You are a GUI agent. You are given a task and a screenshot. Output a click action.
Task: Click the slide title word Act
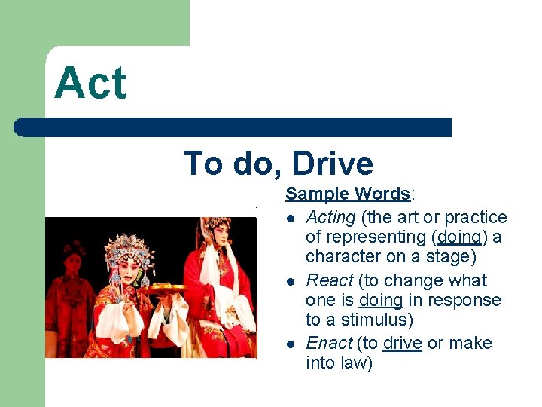[91, 83]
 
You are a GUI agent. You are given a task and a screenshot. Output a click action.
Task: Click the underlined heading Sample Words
[347, 194]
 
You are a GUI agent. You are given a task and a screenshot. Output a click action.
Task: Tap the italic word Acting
[330, 217]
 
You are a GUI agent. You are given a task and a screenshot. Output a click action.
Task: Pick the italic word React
[329, 280]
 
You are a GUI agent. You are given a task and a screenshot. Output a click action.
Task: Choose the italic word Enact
[329, 343]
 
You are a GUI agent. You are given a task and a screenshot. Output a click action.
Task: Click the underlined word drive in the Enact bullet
[402, 343]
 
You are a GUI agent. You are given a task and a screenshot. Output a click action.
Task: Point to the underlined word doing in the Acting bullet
[458, 237]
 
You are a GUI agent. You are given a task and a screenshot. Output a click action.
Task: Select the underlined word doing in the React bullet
[380, 300]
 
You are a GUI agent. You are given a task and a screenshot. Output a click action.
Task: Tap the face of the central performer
[127, 274]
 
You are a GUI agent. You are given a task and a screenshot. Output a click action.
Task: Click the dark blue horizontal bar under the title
[233, 127]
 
